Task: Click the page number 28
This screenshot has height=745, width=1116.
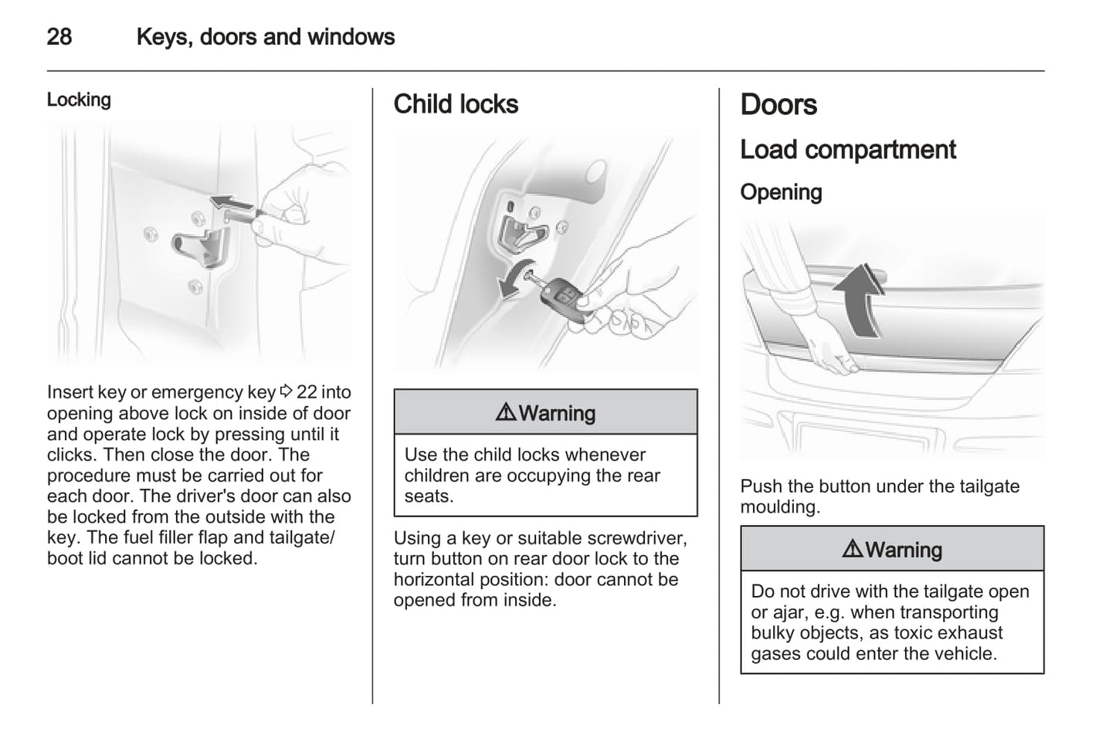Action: coord(59,37)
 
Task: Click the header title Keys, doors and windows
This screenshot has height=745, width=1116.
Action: coord(265,37)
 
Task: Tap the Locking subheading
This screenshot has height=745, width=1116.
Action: coord(79,100)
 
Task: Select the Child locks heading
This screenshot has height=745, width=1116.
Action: coord(456,104)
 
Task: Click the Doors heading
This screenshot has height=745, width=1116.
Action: coord(778,104)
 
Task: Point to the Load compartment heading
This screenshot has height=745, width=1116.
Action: coord(847,149)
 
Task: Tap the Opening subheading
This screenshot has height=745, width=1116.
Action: coord(780,191)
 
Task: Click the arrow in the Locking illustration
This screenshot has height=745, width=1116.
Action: coord(234,205)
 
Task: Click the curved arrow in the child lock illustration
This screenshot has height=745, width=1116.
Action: coord(511,282)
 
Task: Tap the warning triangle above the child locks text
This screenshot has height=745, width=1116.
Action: coord(506,413)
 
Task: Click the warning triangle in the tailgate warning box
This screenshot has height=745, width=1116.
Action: coord(852,550)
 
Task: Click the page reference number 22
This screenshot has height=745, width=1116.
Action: coord(307,392)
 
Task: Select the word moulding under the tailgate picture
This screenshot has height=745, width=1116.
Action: coord(779,507)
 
